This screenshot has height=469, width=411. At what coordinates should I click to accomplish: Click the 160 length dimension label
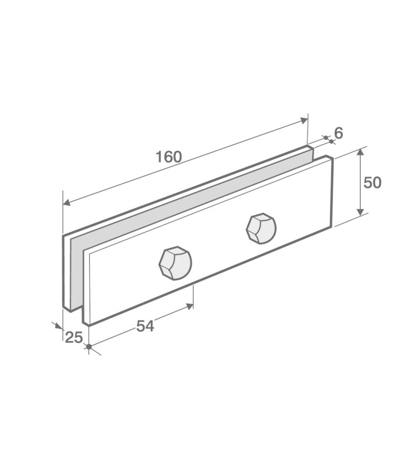tap(169, 157)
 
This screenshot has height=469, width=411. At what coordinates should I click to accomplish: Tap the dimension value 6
tap(339, 133)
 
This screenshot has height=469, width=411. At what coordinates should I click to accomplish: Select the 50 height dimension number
tap(372, 182)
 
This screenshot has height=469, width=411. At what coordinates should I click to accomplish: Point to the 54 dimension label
tap(145, 326)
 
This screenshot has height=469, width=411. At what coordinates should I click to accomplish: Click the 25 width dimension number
tap(74, 338)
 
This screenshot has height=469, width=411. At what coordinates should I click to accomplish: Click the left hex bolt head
tap(175, 263)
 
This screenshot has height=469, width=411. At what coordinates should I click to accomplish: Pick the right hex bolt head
tap(261, 229)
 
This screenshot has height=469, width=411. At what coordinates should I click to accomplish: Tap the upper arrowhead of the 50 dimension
tap(361, 152)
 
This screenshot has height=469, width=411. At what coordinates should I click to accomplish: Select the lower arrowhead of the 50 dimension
tap(361, 212)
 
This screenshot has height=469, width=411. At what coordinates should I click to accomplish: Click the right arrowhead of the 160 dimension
tap(304, 120)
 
